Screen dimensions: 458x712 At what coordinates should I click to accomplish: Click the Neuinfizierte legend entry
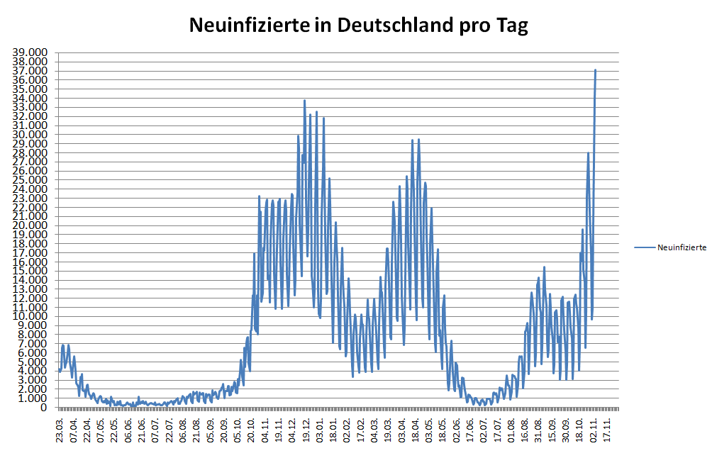tap(681, 247)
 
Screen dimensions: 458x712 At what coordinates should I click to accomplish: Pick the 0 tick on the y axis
tap(43, 408)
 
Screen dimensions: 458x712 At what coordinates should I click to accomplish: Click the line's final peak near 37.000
tap(595, 70)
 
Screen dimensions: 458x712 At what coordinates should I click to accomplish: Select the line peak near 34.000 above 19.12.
tap(304, 101)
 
